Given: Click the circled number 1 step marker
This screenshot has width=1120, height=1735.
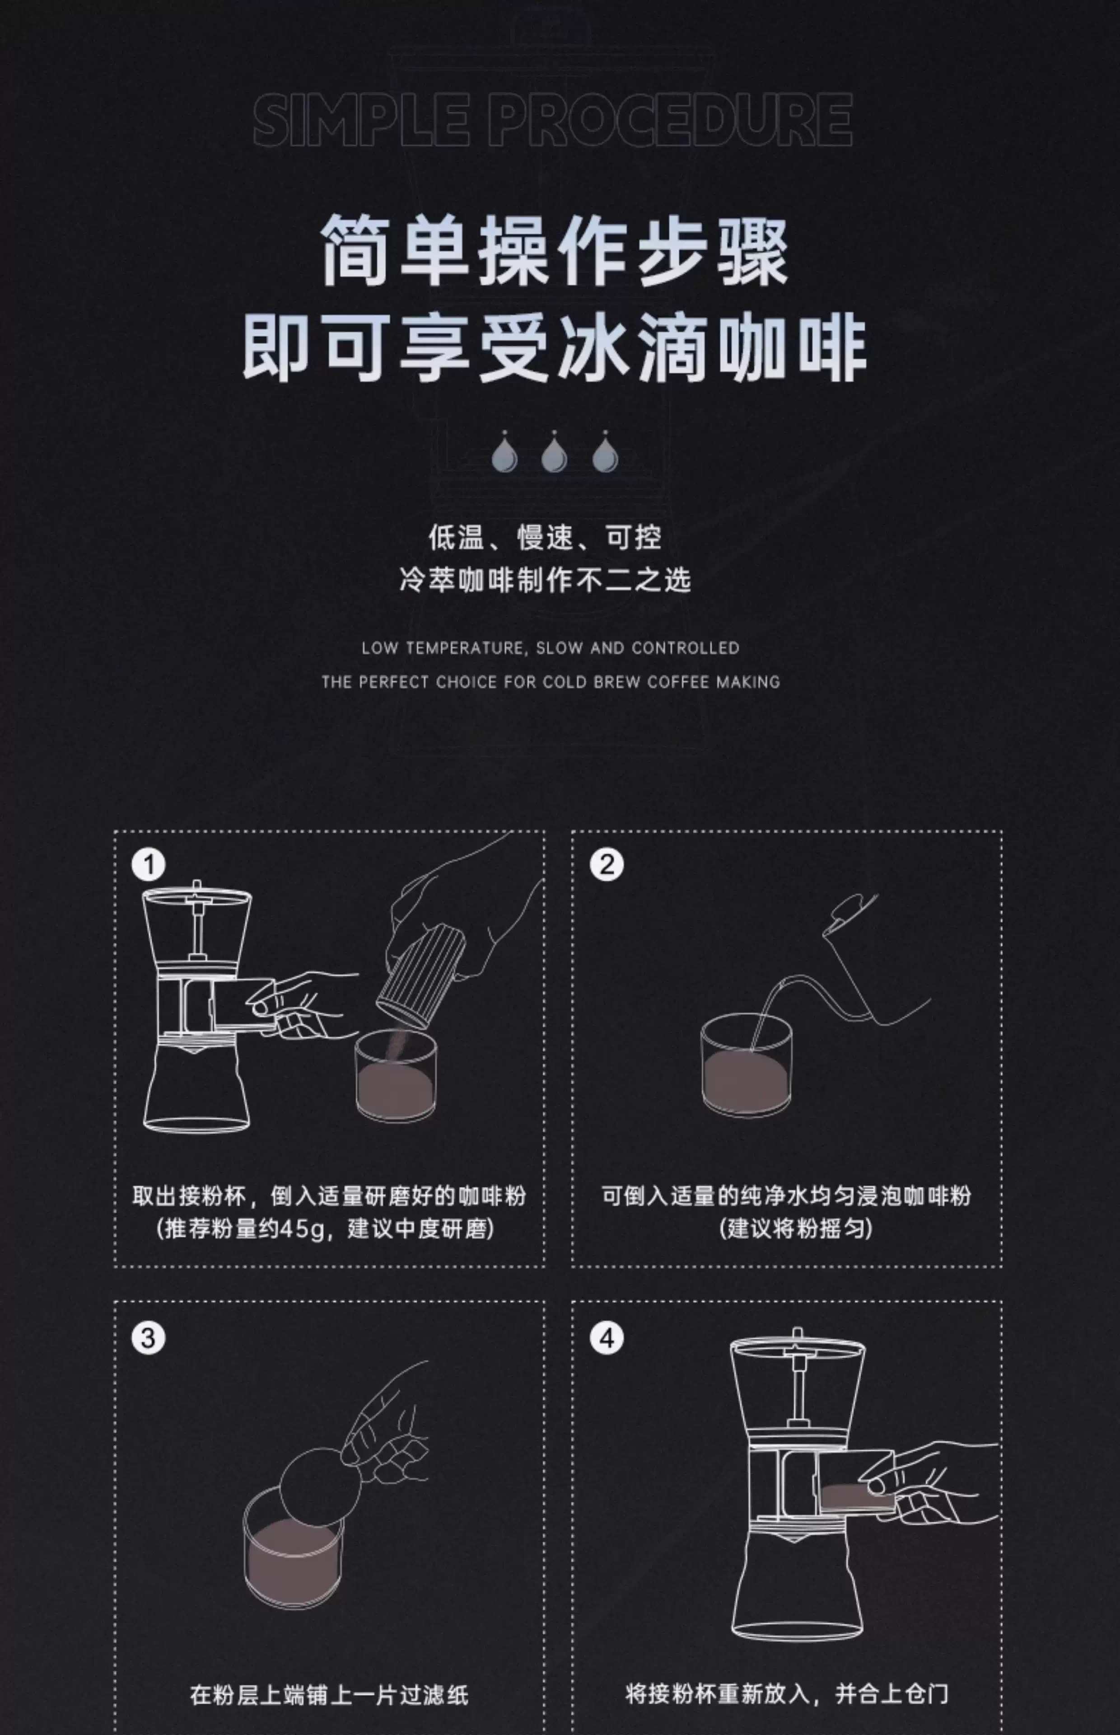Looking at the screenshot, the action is tap(149, 864).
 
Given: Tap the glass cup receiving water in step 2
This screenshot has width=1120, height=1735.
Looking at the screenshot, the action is tap(746, 1066).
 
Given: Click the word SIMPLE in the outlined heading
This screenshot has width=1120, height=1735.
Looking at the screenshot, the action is tap(361, 119).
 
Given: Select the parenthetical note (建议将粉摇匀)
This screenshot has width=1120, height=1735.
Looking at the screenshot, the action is tap(796, 1229).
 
